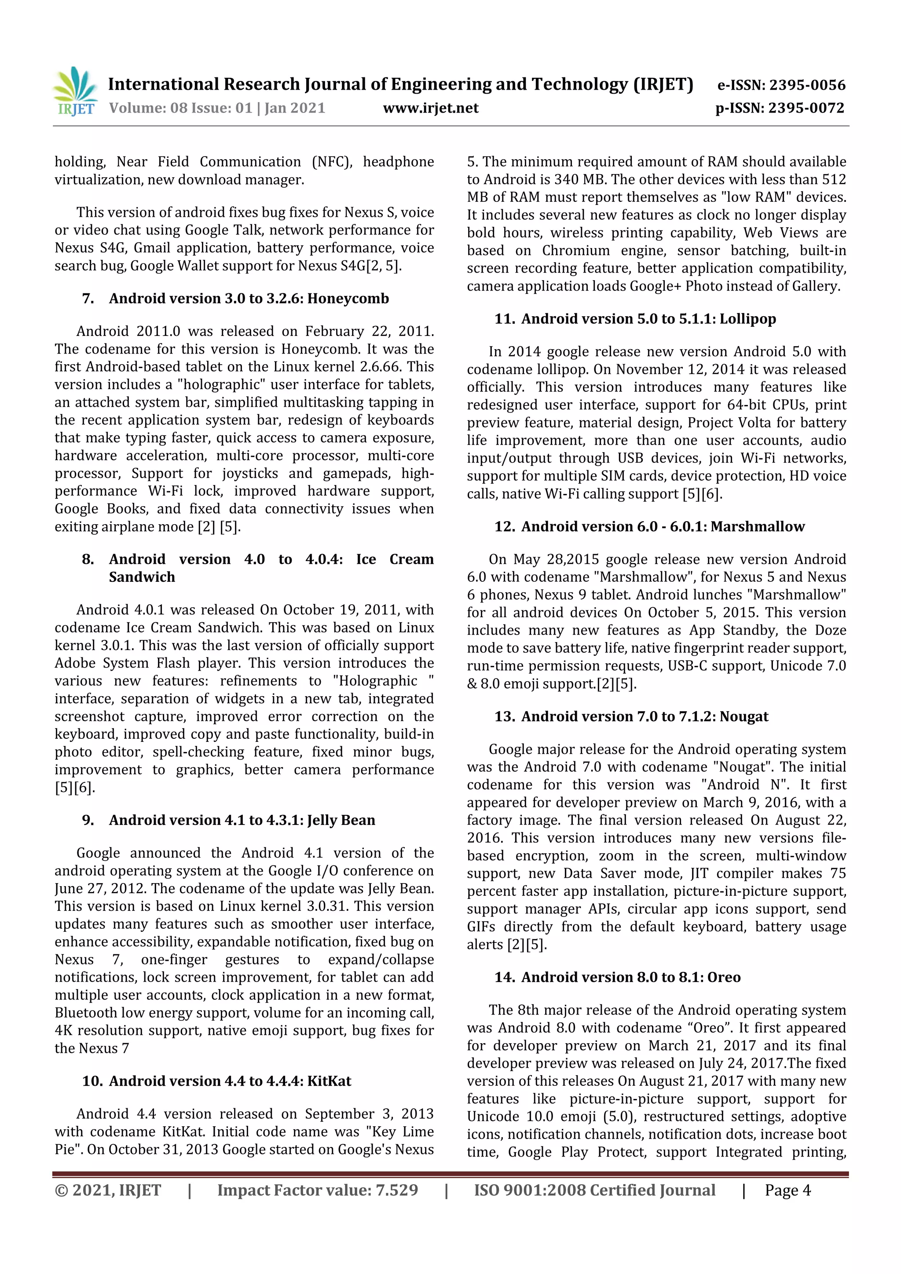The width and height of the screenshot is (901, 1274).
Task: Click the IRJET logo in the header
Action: [x=75, y=91]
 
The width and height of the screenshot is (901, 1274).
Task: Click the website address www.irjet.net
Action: [x=430, y=108]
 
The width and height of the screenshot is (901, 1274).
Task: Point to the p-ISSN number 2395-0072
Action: [x=806, y=108]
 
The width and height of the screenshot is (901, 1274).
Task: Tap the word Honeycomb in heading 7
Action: [x=348, y=299]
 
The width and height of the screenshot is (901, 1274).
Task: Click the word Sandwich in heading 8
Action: [x=142, y=577]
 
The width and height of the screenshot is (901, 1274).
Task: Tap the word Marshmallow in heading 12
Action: [x=757, y=526]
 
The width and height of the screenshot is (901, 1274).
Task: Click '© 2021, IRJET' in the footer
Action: [x=108, y=1190]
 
